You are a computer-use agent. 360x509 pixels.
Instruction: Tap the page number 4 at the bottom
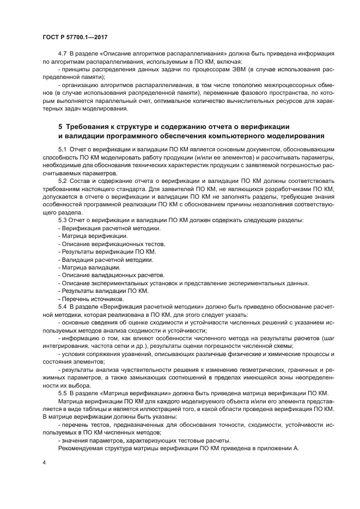44,462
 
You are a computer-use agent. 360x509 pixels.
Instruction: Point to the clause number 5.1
63,149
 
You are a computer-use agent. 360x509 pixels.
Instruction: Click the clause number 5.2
63,180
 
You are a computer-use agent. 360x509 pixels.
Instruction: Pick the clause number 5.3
63,220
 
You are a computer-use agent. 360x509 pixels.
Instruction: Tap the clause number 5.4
63,306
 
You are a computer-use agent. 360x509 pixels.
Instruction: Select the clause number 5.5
63,393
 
